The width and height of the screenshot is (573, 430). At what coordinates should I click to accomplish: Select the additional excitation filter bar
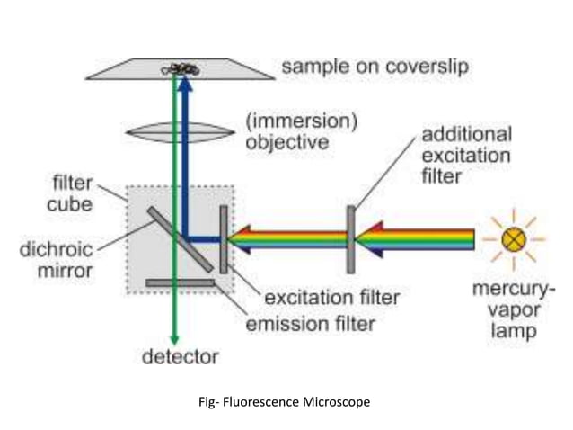coord(350,239)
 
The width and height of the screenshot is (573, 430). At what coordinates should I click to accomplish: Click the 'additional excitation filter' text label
coord(466,155)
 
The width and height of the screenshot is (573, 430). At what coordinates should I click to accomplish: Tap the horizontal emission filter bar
coord(180,282)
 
